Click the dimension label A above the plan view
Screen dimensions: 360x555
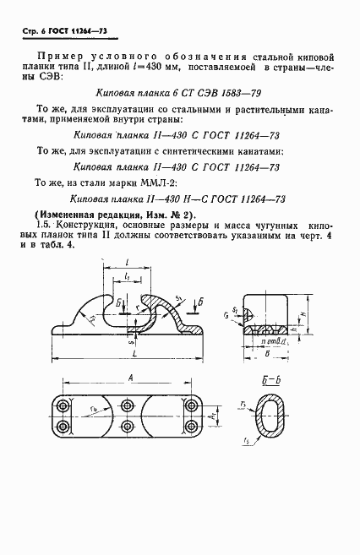coord(127,379)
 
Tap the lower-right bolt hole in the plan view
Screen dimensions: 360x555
coord(194,422)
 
